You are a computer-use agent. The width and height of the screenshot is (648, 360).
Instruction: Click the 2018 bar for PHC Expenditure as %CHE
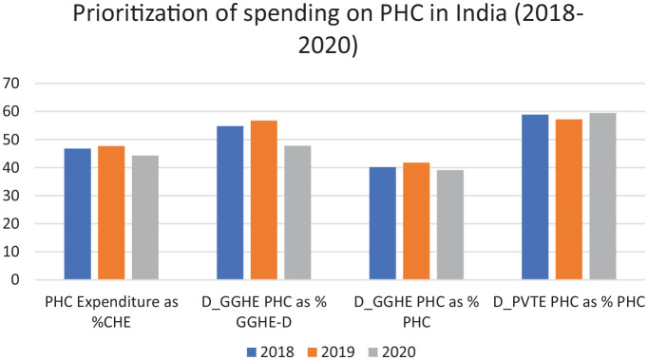click(78, 214)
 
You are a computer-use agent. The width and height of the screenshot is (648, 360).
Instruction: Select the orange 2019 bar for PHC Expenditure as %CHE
click(111, 213)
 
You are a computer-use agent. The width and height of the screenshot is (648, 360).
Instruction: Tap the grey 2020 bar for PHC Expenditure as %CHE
click(145, 218)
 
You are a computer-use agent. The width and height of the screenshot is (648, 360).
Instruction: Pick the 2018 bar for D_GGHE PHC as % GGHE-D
click(230, 203)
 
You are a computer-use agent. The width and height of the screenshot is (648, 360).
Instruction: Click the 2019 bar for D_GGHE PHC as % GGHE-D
click(263, 200)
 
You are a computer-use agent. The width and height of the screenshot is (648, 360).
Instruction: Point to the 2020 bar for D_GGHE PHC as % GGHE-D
click(297, 213)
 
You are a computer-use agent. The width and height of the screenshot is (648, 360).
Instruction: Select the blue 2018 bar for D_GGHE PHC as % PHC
click(383, 223)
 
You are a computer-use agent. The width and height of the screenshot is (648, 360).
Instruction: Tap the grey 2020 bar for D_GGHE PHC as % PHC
click(450, 225)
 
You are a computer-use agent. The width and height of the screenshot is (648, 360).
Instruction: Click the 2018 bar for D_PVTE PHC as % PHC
click(535, 198)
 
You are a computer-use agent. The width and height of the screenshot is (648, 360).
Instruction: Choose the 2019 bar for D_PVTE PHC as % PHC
click(568, 199)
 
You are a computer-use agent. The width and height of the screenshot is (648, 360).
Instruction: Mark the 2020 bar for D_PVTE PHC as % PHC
click(602, 197)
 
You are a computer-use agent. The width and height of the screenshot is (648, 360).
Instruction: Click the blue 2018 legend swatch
click(252, 352)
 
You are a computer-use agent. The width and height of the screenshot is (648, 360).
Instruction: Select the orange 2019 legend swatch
click(313, 352)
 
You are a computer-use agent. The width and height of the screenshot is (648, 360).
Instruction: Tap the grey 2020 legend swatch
click(372, 352)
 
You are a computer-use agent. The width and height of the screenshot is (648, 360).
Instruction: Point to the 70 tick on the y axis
click(11, 84)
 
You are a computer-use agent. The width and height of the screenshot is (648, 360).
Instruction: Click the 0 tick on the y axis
click(15, 280)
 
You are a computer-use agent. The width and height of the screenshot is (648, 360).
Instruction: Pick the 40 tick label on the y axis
click(11, 168)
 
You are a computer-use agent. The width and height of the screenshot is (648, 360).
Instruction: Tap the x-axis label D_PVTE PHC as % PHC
click(569, 302)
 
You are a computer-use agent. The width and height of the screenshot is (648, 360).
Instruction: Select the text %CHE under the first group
click(111, 322)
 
